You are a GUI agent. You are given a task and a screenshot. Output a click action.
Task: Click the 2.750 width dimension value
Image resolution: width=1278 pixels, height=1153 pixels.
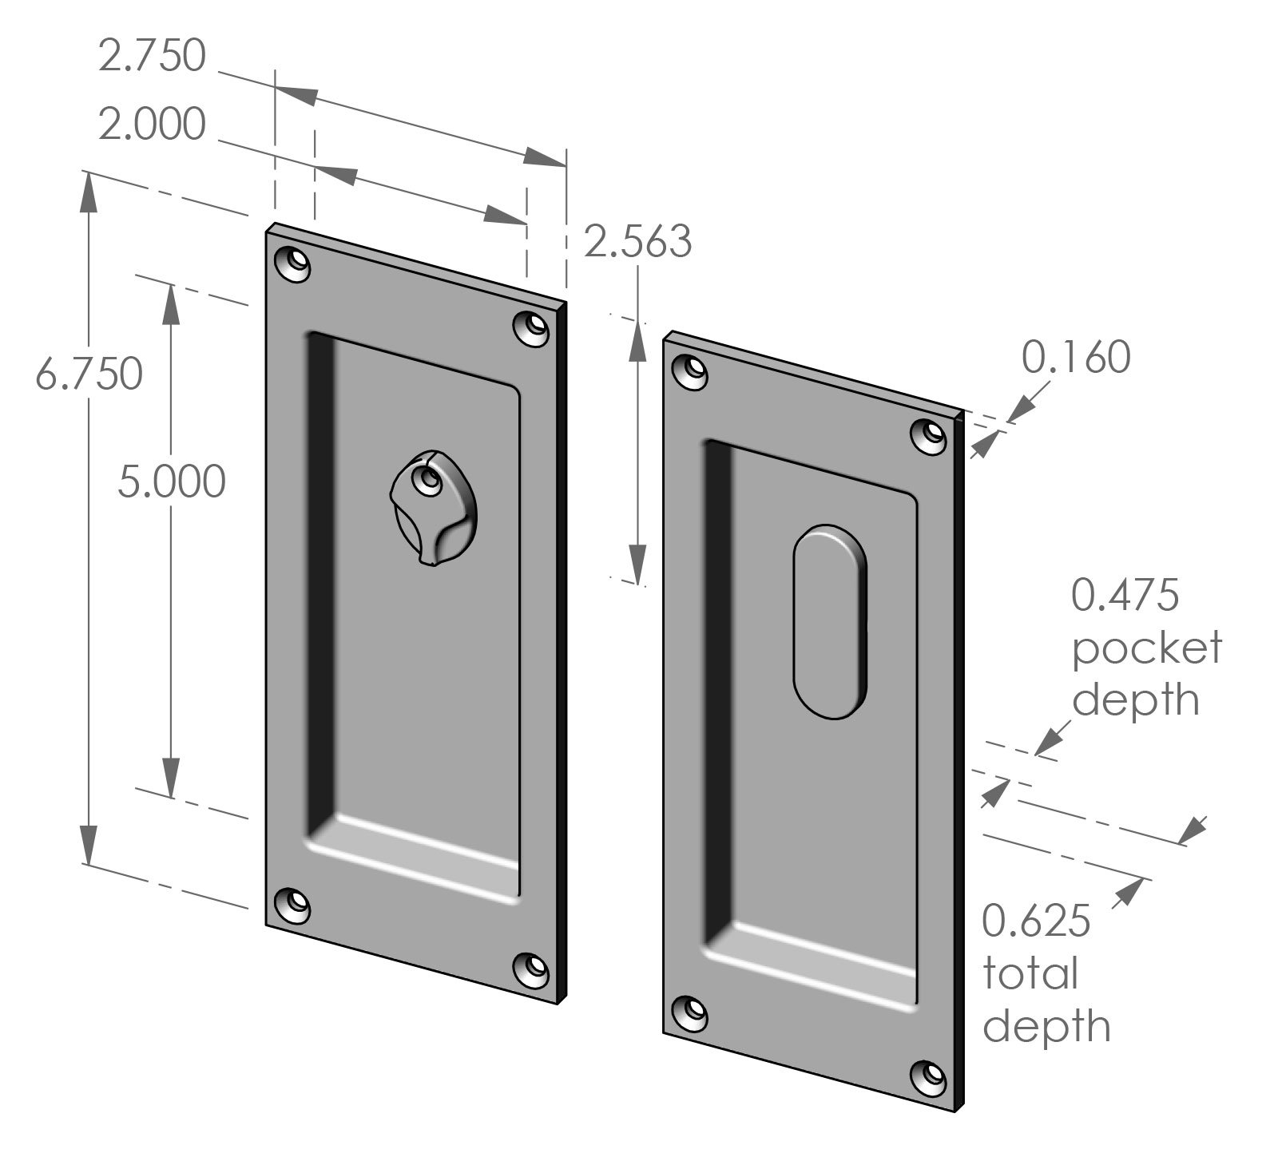tap(152, 57)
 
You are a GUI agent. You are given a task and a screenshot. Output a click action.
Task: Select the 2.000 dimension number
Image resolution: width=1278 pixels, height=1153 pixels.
tap(152, 125)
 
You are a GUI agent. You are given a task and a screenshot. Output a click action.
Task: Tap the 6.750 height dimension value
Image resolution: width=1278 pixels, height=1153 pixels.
tap(89, 374)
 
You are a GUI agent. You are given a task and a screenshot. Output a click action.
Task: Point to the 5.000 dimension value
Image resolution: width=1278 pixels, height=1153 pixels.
tap(172, 481)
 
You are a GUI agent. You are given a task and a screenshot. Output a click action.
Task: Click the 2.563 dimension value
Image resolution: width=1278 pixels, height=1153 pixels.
tap(637, 241)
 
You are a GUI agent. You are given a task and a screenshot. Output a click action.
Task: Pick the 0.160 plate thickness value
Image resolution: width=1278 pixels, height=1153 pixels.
tap(1076, 357)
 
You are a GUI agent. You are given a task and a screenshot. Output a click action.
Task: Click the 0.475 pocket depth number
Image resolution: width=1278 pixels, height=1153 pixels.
tap(1125, 595)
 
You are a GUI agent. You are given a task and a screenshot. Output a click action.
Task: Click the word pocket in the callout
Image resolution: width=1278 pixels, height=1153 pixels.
tap(1146, 648)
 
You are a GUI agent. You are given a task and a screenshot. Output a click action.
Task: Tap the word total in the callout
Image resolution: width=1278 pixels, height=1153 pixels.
tap(1030, 974)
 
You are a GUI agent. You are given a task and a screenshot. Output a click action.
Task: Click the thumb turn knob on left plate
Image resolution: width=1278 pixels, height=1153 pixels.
tap(430, 506)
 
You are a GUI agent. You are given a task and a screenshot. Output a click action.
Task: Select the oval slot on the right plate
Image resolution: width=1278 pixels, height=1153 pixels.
tap(830, 622)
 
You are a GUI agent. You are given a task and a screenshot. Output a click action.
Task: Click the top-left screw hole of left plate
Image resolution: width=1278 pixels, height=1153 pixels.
tap(292, 263)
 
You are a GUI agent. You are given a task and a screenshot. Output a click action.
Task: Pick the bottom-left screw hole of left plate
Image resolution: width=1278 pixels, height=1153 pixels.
tap(292, 905)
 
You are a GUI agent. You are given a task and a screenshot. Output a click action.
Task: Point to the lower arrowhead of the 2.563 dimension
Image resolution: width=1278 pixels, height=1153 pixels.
tap(637, 563)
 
